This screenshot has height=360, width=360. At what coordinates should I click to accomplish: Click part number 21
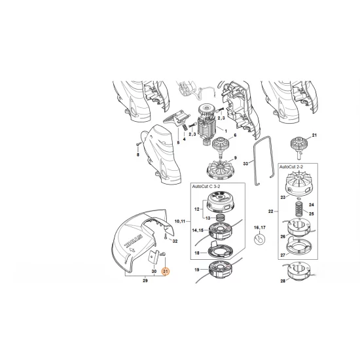coord(314,135)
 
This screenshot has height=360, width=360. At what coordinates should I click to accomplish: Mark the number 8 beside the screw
coord(138,156)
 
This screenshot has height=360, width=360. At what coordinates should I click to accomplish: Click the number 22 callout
coord(272,211)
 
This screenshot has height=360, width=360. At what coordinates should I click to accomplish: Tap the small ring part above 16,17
coord(260,240)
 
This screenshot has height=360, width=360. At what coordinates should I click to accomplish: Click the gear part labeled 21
coord(298,145)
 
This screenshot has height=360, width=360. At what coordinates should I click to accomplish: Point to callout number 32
coord(175,242)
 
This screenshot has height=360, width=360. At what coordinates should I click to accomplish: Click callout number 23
coord(282,196)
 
